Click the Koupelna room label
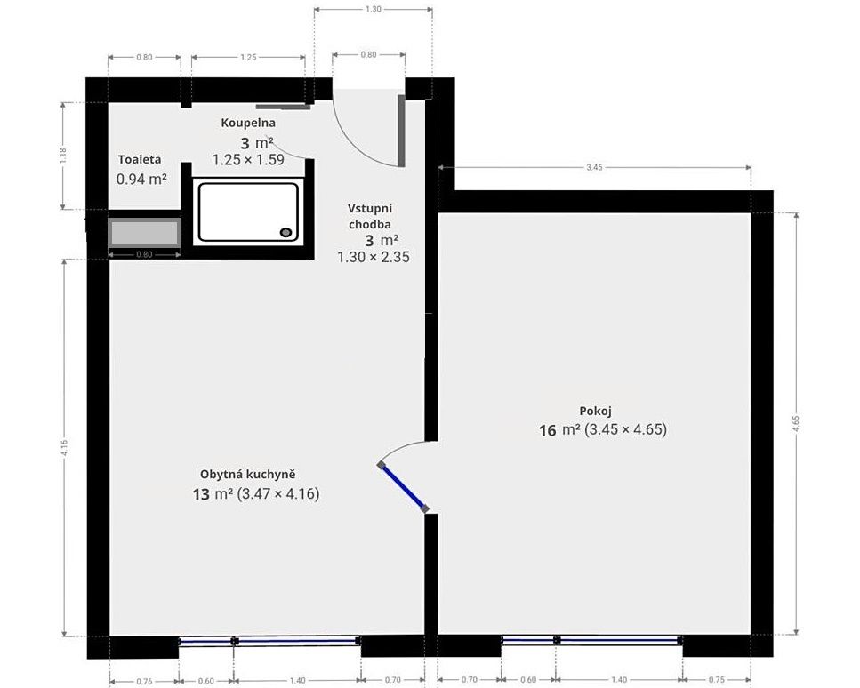point(248,123)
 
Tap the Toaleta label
point(140,159)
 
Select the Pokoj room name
point(595,412)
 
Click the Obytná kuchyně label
point(247,475)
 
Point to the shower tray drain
point(285,232)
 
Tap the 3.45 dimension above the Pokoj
point(594,167)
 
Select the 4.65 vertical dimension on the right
point(796,424)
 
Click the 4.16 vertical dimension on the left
point(65,448)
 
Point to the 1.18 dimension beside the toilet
point(63,156)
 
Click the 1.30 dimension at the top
point(373,9)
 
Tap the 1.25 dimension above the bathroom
point(248,57)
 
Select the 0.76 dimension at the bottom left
point(144,681)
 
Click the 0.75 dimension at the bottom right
point(716,680)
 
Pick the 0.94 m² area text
point(141,179)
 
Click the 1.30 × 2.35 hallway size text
point(374,257)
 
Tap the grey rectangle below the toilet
point(145,233)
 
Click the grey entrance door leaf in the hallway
point(401,131)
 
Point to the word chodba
point(370,224)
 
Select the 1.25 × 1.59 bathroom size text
point(248,160)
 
